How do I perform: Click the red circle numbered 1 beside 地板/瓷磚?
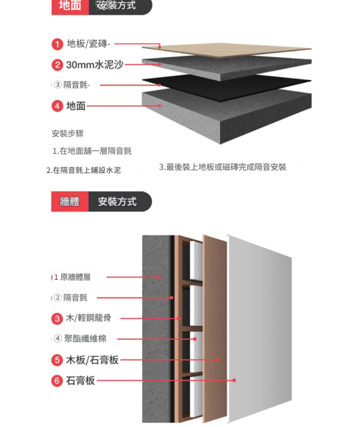click(57, 44)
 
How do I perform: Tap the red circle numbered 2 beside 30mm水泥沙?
click(57, 65)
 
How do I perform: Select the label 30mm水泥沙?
click(95, 65)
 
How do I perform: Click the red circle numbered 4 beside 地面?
click(57, 106)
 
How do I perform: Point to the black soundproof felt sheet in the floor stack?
click(227, 87)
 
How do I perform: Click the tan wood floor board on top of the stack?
click(227, 50)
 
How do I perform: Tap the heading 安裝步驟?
click(68, 133)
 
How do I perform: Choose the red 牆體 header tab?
click(70, 202)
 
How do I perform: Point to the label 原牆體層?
click(76, 277)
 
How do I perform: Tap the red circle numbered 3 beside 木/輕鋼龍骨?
click(57, 318)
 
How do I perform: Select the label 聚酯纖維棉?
click(85, 339)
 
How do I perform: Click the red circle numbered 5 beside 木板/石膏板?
click(57, 360)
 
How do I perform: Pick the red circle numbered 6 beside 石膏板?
click(57, 380)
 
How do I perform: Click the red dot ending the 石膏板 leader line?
click(234, 380)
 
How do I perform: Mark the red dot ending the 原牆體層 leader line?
click(160, 277)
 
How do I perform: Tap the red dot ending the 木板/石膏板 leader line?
click(218, 360)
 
